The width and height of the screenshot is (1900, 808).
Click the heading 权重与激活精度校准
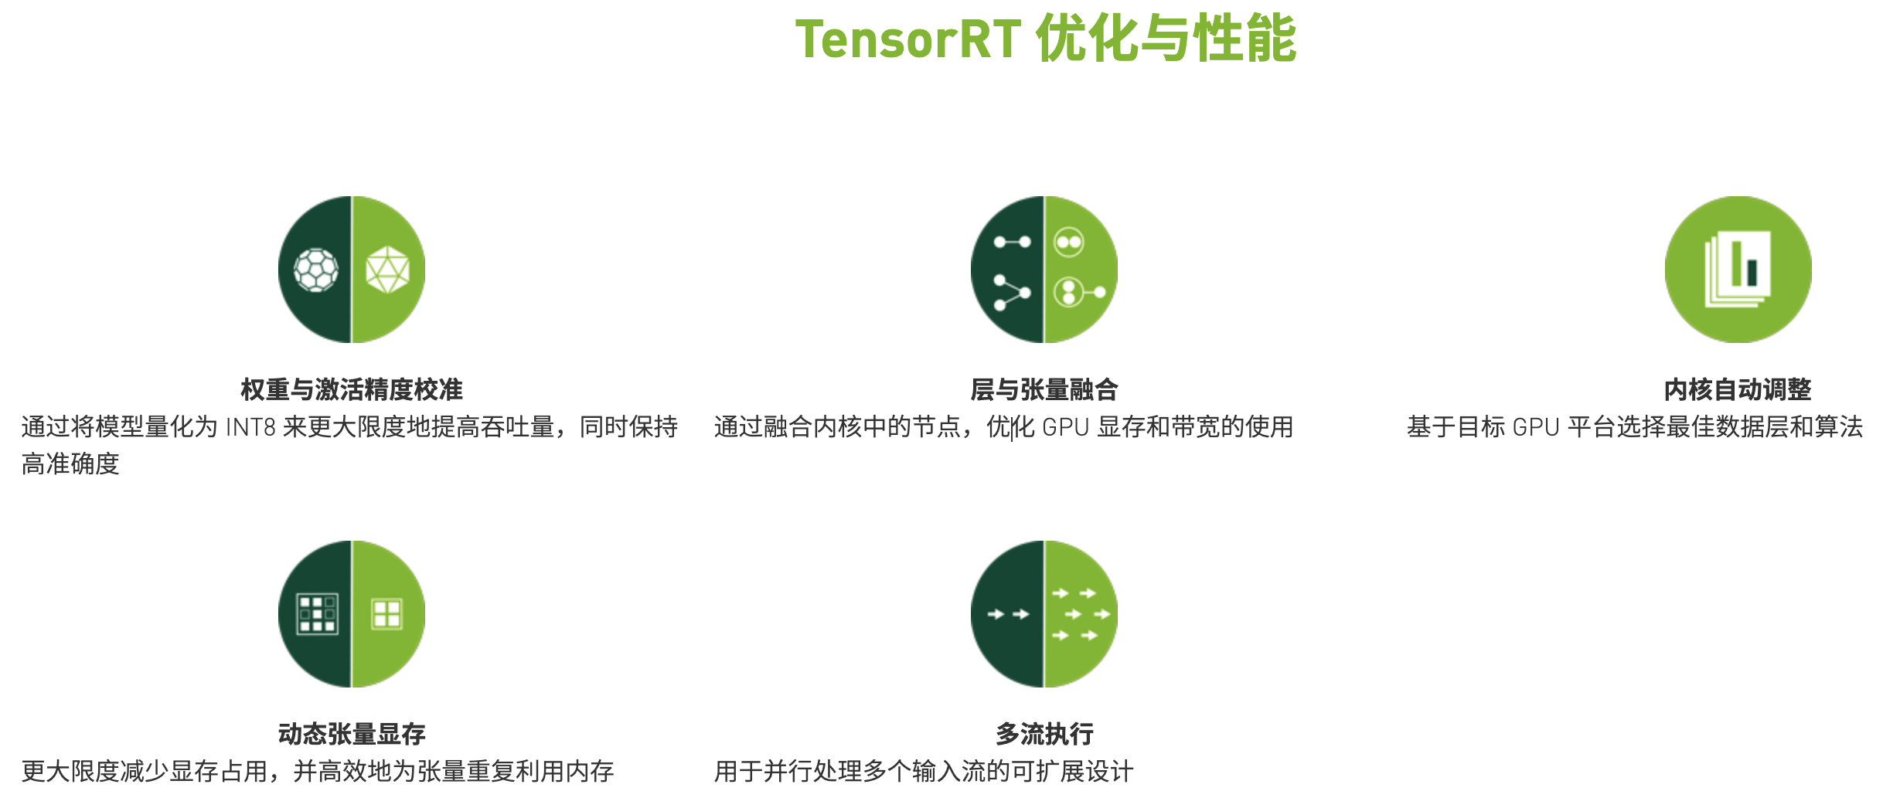coord(352,389)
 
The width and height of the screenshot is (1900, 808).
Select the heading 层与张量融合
coord(1044,389)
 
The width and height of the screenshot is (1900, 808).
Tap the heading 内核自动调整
coord(1738,389)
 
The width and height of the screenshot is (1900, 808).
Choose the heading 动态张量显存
coord(352,734)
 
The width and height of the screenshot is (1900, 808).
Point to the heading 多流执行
coord(1044,734)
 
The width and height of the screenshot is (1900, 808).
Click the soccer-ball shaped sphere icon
coord(316,270)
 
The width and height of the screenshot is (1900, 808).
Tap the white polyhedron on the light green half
coord(387,270)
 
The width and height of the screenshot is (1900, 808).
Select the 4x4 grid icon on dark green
coord(317,614)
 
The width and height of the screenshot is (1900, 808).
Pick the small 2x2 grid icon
coord(386,614)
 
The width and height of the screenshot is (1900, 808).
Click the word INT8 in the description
coord(250,427)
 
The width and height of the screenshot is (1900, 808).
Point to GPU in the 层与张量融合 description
coord(1065,427)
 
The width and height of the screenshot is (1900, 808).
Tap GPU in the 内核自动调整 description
coord(1535,427)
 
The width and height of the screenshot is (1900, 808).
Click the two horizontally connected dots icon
coord(1012,242)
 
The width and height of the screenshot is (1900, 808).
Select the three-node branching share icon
coord(1011,293)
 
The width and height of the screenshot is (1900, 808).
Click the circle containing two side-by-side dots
coord(1069,242)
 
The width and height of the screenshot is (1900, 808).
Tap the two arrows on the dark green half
coord(1008,614)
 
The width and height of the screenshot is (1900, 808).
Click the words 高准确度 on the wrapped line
coord(70,464)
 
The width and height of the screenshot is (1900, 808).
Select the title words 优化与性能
coord(1166,39)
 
